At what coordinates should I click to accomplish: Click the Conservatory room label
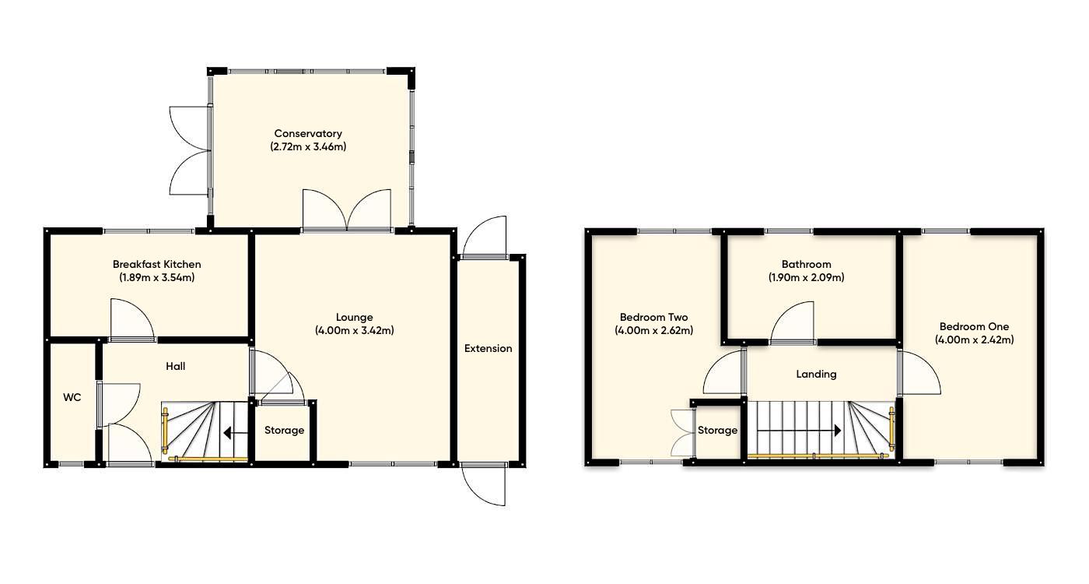point(307,133)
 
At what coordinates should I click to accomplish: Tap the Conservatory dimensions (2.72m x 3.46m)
point(307,146)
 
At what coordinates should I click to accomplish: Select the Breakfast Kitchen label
point(156,264)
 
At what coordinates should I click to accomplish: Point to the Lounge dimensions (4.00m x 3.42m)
point(354,330)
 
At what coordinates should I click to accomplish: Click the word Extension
point(488,348)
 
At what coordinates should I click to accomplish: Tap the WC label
point(72,397)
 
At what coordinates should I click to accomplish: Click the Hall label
point(175,366)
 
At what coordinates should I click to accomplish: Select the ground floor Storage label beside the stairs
point(284,430)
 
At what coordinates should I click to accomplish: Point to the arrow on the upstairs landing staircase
point(800,431)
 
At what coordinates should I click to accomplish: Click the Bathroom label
point(806,264)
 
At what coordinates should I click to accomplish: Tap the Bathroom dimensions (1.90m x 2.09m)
point(806,277)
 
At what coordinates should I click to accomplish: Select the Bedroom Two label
point(653,317)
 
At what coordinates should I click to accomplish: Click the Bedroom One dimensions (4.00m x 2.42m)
point(974,339)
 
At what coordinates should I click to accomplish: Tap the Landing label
point(816,374)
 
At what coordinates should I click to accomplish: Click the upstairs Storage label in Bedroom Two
point(716,430)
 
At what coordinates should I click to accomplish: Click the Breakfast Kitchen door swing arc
point(131,320)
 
